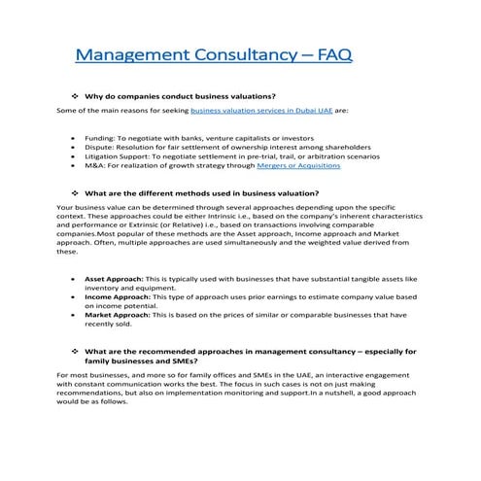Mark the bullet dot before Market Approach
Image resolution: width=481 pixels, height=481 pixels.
pos(75,316)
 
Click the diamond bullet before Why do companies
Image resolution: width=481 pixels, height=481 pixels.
pos(75,96)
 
